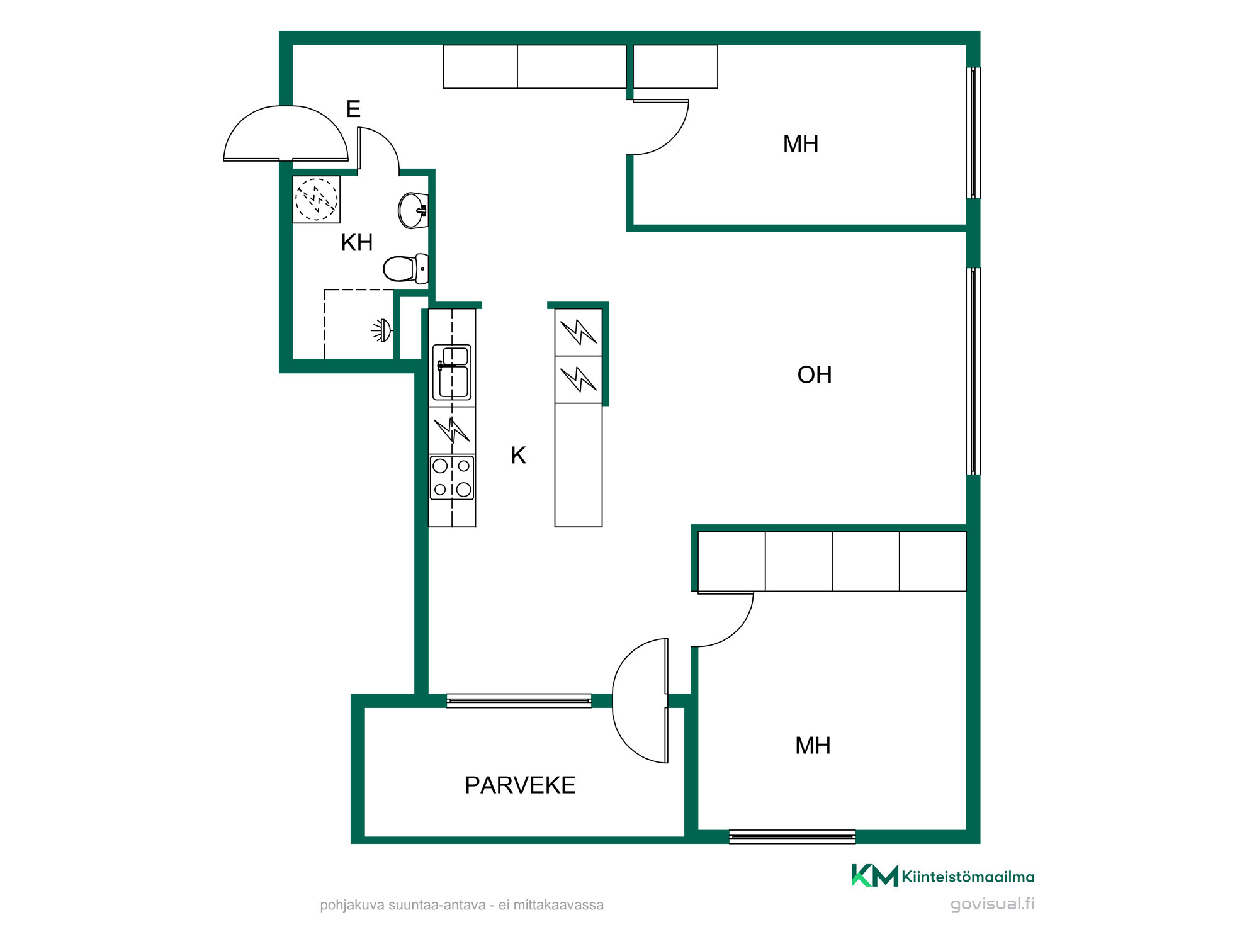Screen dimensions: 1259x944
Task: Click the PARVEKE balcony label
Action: click(520, 785)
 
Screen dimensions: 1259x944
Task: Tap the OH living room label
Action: click(815, 375)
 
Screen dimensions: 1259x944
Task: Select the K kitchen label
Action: click(518, 455)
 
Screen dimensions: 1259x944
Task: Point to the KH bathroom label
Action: click(357, 242)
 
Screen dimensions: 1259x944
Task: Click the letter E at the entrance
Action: click(353, 109)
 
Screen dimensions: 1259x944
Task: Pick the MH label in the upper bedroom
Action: click(801, 144)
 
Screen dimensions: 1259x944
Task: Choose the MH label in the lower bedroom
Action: click(813, 746)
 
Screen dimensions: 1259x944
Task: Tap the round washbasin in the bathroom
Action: click(413, 210)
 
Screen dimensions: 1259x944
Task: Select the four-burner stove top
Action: click(452, 478)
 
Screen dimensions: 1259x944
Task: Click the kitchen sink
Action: click(452, 372)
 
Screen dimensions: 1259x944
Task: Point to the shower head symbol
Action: click(382, 330)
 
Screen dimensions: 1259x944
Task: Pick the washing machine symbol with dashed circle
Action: click(317, 199)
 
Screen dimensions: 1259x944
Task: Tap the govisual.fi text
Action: click(993, 904)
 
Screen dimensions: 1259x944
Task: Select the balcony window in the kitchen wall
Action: click(519, 700)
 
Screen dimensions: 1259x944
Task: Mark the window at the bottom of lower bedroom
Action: click(792, 836)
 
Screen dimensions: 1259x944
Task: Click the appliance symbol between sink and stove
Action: click(452, 430)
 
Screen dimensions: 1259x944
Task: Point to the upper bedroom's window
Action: click(973, 133)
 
